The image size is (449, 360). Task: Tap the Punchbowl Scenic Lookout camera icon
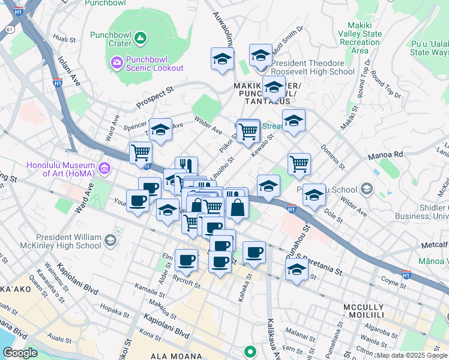(117, 61)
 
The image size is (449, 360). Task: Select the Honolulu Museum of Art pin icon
(105, 166)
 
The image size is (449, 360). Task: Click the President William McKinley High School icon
(109, 241)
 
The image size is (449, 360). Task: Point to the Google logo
(20, 353)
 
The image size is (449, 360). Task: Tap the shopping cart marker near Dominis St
(299, 163)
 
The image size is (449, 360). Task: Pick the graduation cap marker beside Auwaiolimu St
(222, 59)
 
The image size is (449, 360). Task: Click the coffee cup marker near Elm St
(187, 260)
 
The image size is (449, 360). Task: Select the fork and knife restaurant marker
(187, 166)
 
